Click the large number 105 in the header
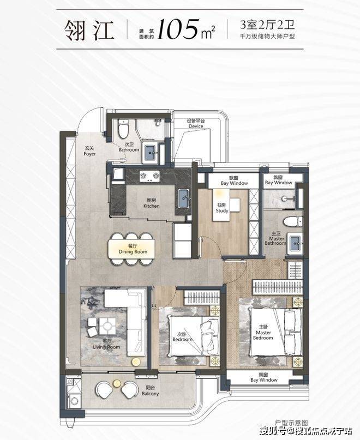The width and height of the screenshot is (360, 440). click(x=178, y=29)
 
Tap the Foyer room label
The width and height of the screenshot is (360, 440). click(x=89, y=151)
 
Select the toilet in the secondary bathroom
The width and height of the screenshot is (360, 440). click(x=123, y=129)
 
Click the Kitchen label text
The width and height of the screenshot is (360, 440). click(x=151, y=203)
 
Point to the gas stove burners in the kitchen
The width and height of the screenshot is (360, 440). click(x=149, y=176)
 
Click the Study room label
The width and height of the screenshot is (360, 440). click(x=222, y=208)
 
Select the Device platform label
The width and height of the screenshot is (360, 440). click(x=196, y=123)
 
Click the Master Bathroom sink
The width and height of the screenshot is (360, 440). click(x=296, y=243)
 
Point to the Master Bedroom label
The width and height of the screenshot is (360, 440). click(x=263, y=333)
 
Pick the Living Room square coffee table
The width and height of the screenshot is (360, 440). click(x=107, y=326)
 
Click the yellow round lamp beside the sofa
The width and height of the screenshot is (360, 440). click(x=136, y=362)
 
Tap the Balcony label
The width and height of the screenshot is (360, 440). click(x=150, y=391)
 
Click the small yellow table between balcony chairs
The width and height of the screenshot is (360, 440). click(x=117, y=383)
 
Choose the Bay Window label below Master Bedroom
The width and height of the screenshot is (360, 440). click(x=263, y=377)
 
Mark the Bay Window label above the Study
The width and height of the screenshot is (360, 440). click(x=234, y=180)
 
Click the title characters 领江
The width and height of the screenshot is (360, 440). click(x=89, y=30)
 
